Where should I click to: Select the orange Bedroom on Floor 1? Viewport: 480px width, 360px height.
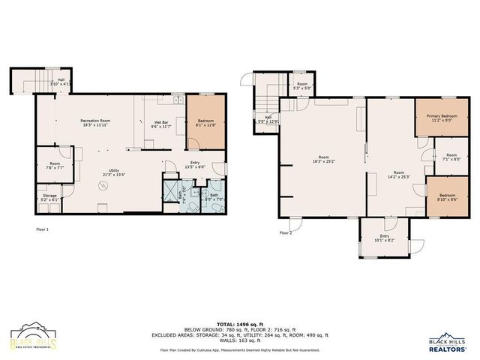(x=205, y=123)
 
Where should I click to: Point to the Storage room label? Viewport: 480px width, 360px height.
(x=49, y=197)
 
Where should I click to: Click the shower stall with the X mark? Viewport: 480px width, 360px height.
(x=172, y=186)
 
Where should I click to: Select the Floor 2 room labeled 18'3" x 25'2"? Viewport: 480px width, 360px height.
(x=323, y=159)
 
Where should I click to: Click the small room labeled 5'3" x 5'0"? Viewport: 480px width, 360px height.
(x=301, y=86)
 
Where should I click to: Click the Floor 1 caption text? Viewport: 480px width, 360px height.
(x=42, y=229)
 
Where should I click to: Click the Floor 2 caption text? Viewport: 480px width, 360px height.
(x=285, y=232)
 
